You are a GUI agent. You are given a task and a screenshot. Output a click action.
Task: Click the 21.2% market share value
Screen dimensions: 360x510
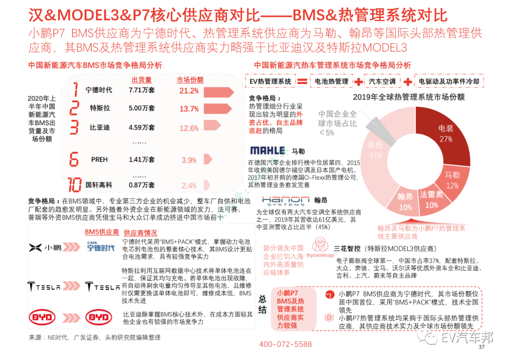pos(189,91)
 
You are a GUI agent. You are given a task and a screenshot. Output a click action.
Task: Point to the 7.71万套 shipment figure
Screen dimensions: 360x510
pos(142,90)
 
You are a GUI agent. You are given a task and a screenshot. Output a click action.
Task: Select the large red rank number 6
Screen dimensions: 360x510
pos(74,159)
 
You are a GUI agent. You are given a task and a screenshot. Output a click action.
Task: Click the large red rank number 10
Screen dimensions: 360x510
pos(75,184)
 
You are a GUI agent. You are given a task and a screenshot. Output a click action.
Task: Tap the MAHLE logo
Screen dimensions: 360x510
pos(268,151)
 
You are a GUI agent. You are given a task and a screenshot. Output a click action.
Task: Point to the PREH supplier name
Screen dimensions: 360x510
pos(99,160)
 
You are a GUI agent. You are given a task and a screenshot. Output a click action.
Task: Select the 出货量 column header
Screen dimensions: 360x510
pos(141,80)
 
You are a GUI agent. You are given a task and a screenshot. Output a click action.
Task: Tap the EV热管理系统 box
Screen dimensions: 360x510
pos(271,82)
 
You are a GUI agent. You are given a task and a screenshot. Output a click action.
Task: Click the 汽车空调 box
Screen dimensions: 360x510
pos(382,82)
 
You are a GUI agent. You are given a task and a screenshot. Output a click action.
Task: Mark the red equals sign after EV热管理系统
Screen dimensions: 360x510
pos(302,82)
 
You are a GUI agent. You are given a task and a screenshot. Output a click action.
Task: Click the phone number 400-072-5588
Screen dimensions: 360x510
pos(285,344)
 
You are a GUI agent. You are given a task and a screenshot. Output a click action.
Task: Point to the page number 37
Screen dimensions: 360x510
pos(482,348)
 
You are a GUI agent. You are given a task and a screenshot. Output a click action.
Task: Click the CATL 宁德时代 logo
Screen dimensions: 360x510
pos(101,246)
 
